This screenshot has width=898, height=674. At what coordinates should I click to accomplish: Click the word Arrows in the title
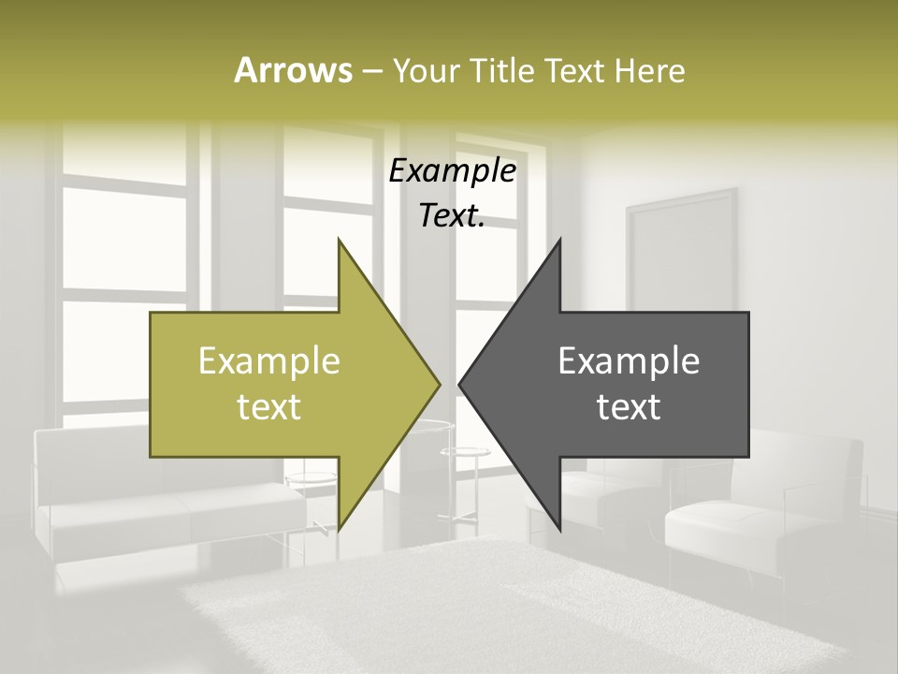click(293, 70)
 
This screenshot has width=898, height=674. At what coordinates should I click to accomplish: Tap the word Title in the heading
click(500, 70)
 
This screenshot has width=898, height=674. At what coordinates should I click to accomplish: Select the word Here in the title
click(651, 70)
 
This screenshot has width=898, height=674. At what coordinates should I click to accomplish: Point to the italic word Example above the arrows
click(453, 171)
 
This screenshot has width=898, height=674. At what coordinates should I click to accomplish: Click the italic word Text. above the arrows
click(453, 216)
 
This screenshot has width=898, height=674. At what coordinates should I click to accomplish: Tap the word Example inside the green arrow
click(269, 361)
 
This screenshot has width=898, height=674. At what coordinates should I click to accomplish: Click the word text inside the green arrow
click(269, 406)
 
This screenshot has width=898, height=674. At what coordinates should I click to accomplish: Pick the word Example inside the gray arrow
click(629, 361)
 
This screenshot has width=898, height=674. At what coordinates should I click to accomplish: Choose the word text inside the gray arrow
click(629, 406)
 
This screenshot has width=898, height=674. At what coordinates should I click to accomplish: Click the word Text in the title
click(576, 70)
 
